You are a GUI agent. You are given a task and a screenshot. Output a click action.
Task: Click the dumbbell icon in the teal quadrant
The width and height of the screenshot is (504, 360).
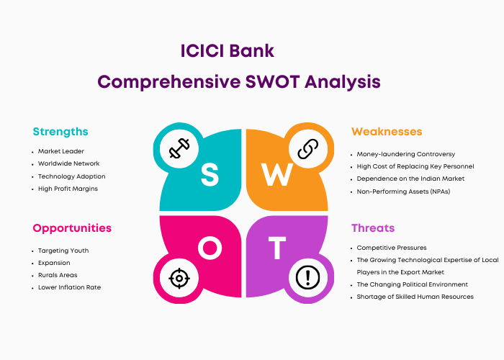pyautogui.click(x=179, y=148)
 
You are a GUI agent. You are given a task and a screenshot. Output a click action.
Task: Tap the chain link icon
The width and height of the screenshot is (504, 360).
pyautogui.click(x=308, y=149)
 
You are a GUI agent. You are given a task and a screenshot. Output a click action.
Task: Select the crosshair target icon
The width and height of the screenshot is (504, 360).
pyautogui.click(x=179, y=278)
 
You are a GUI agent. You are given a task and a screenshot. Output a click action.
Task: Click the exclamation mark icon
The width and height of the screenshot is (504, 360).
pyautogui.click(x=307, y=277)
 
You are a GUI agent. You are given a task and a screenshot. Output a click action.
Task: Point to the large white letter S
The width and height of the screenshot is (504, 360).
pyautogui.click(x=210, y=174)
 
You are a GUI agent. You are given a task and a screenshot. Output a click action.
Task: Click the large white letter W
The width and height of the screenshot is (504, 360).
pyautogui.click(x=276, y=174)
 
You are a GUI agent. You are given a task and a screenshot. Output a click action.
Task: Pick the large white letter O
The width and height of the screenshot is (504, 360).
pyautogui.click(x=210, y=248)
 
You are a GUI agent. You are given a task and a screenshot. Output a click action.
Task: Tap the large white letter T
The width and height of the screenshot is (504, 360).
pyautogui.click(x=277, y=248)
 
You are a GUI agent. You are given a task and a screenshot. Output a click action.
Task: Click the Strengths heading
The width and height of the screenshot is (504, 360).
pyautogui.click(x=60, y=132)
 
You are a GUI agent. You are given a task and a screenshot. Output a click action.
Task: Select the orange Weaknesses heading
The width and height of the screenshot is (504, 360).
pyautogui.click(x=387, y=132)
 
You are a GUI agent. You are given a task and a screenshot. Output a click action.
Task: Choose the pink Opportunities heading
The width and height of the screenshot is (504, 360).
pyautogui.click(x=72, y=228)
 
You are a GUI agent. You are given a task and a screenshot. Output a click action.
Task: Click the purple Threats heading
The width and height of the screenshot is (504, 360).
pyautogui.click(x=373, y=228)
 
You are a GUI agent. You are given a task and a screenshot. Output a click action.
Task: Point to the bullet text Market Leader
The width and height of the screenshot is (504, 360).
pyautogui.click(x=61, y=151)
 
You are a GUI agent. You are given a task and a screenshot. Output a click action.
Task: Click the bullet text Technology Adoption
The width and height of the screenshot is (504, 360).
pyautogui.click(x=72, y=176)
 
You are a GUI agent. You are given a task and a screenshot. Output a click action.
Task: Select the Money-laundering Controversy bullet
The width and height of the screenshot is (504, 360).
pyautogui.click(x=406, y=154)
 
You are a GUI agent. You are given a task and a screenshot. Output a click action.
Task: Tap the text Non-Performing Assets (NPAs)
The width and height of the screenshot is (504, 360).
pyautogui.click(x=403, y=192)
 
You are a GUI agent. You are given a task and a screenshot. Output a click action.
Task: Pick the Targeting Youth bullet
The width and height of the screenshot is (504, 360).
pyautogui.click(x=63, y=251)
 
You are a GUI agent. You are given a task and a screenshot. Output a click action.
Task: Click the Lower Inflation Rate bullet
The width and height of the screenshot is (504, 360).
pyautogui.click(x=69, y=287)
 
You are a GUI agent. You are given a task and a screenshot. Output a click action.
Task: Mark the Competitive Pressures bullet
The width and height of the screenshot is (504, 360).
pyautogui.click(x=392, y=248)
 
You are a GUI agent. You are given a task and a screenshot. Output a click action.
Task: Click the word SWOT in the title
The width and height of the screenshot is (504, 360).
pyautogui.click(x=272, y=81)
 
